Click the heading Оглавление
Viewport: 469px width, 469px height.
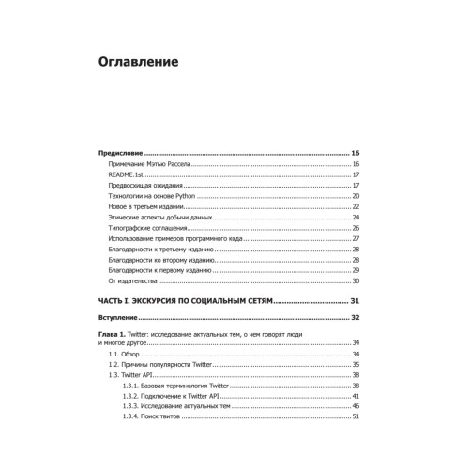click(145, 65)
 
